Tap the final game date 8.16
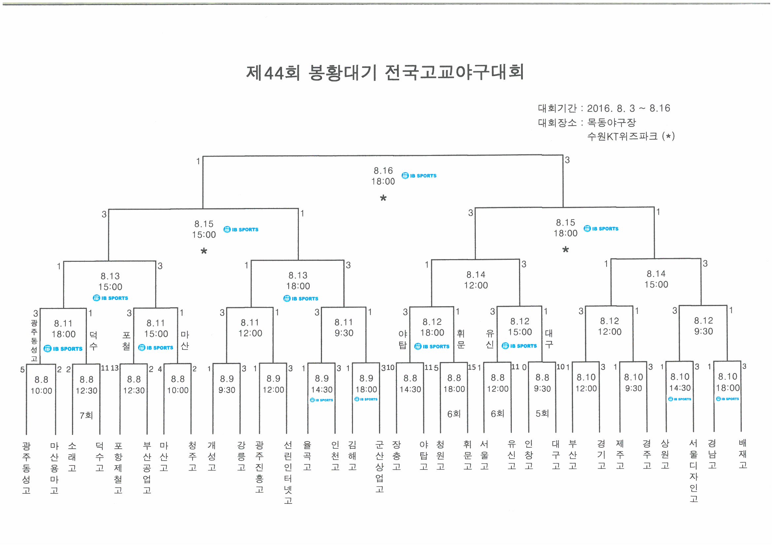(x=383, y=170)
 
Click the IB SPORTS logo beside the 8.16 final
(x=419, y=176)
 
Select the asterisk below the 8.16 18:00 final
(x=383, y=198)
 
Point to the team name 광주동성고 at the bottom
(x=26, y=468)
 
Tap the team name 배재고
(x=743, y=454)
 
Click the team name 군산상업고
(x=380, y=467)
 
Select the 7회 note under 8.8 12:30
(x=86, y=415)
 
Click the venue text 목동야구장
(x=611, y=123)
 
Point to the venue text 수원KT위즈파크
(x=622, y=136)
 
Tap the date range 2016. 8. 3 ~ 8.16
(x=628, y=108)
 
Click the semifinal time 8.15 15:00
(x=204, y=229)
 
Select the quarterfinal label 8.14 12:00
(x=476, y=280)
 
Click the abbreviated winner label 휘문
(x=461, y=339)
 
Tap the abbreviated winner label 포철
(x=126, y=341)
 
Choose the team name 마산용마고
(x=54, y=468)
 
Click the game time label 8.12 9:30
(x=703, y=326)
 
